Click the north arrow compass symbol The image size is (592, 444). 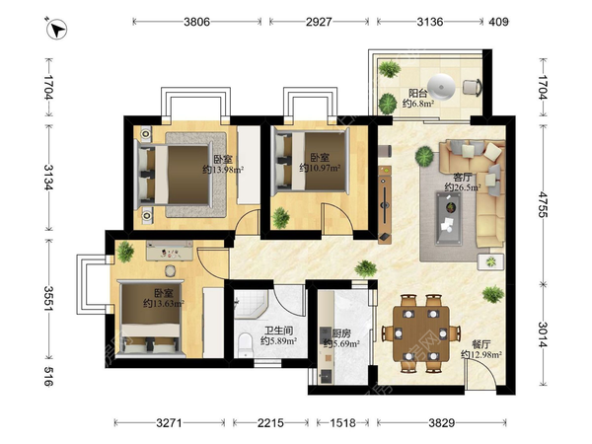tap(56, 29)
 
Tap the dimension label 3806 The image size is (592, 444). tap(196, 22)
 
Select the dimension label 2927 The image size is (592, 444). tap(319, 22)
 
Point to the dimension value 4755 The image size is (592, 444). tap(544, 204)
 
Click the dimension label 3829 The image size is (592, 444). tap(441, 422)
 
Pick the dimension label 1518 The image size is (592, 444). tap(342, 422)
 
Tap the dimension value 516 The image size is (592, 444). tap(48, 376)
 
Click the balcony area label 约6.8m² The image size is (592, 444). tap(418, 104)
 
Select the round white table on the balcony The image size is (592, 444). tap(441, 86)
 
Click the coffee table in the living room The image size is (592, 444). tap(450, 218)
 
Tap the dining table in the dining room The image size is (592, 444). tap(421, 333)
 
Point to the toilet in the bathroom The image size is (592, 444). tap(246, 344)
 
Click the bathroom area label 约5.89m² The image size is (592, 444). tap(278, 341)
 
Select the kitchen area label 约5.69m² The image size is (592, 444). tap(341, 343)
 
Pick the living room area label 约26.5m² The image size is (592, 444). tap(463, 186)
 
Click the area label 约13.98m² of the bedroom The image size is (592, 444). tap(223, 170)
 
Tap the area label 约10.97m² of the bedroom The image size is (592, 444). tap(320, 168)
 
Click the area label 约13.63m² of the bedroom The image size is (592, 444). tap(164, 303)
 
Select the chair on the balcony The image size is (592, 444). tap(473, 87)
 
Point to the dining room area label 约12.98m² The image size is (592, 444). tap(481, 354)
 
